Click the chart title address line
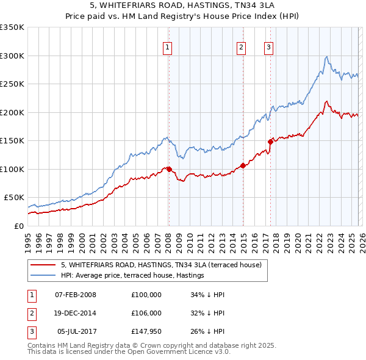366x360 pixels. click(x=183, y=6)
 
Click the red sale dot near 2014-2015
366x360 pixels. click(x=243, y=165)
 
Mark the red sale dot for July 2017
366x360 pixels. click(x=270, y=142)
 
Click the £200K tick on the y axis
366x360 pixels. click(x=12, y=112)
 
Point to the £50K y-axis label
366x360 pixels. click(x=14, y=198)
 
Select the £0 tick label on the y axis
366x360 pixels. click(x=20, y=226)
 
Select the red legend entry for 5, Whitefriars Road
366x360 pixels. click(x=161, y=265)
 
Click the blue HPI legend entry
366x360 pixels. click(x=132, y=276)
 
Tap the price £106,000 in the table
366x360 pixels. click(x=146, y=314)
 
